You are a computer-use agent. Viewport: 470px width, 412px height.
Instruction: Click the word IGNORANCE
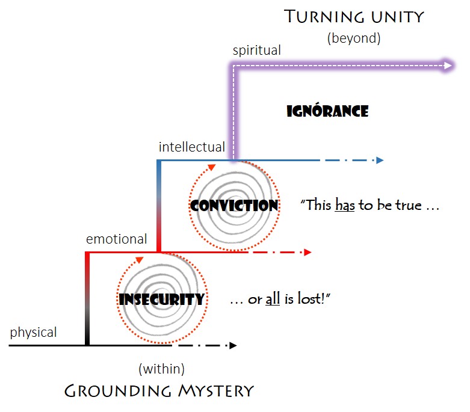point(327,111)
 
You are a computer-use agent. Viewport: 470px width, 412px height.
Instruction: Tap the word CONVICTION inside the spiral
point(234,205)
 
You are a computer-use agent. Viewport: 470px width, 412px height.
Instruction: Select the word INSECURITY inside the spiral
point(162,299)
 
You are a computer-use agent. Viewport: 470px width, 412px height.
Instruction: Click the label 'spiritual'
point(257,51)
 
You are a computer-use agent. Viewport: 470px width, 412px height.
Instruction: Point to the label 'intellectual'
point(191,146)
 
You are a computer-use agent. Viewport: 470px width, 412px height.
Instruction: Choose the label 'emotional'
point(116,238)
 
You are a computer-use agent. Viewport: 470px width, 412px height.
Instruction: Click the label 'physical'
point(33,331)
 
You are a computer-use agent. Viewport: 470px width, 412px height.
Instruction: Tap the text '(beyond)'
point(354,38)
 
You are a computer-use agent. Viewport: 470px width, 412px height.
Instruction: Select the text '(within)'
point(161,367)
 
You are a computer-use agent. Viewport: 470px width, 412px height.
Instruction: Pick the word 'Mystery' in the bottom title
point(215,391)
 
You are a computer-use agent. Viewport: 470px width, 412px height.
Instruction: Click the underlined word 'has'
point(345,204)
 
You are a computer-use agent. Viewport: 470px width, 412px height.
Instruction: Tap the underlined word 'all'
point(273,299)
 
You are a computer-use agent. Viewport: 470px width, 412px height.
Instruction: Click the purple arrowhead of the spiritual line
point(448,66)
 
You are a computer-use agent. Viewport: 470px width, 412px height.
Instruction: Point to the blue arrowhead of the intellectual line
point(379,161)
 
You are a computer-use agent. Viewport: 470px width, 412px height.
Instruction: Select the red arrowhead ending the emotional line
point(308,253)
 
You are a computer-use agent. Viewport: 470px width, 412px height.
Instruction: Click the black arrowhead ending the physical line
point(233,345)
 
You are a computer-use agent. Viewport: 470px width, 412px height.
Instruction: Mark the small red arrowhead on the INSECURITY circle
point(139,260)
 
